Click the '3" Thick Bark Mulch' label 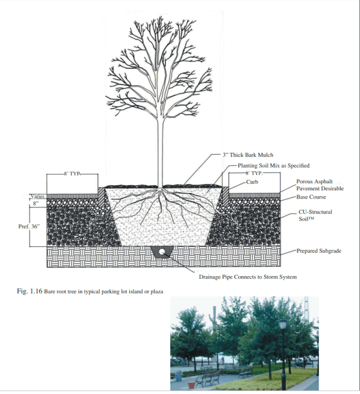[x=248, y=155]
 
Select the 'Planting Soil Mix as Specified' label [x=274, y=166]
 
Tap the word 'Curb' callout [x=252, y=182]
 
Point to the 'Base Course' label [x=311, y=197]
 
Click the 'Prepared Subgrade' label [x=319, y=251]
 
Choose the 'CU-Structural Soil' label [x=315, y=215]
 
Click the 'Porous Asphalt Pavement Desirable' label [x=320, y=185]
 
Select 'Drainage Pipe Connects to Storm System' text [x=248, y=277]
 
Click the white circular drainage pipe [x=161, y=252]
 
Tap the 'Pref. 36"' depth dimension [x=29, y=226]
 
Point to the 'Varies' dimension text [x=37, y=196]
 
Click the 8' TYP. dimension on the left [x=72, y=173]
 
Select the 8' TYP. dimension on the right [x=254, y=173]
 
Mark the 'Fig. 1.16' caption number [x=29, y=291]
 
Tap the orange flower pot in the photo [x=192, y=385]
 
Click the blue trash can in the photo [x=178, y=375]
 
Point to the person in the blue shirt [x=223, y=360]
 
